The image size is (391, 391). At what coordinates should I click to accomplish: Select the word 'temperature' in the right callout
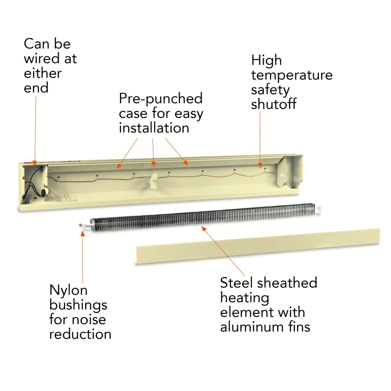(x=292, y=75)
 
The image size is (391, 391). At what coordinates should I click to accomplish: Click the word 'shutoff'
(x=274, y=105)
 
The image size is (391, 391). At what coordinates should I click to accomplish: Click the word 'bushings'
(x=78, y=305)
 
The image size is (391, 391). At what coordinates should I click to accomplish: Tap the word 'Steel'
(x=237, y=283)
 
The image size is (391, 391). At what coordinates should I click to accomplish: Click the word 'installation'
(x=154, y=128)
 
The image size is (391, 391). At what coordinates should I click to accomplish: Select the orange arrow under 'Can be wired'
(x=35, y=130)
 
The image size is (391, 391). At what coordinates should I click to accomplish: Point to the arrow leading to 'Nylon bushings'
(x=83, y=256)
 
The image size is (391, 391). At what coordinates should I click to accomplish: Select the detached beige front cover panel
(x=256, y=245)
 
